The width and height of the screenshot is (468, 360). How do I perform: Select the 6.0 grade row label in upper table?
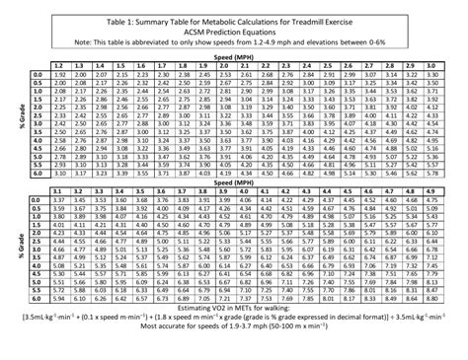click(x=35, y=174)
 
